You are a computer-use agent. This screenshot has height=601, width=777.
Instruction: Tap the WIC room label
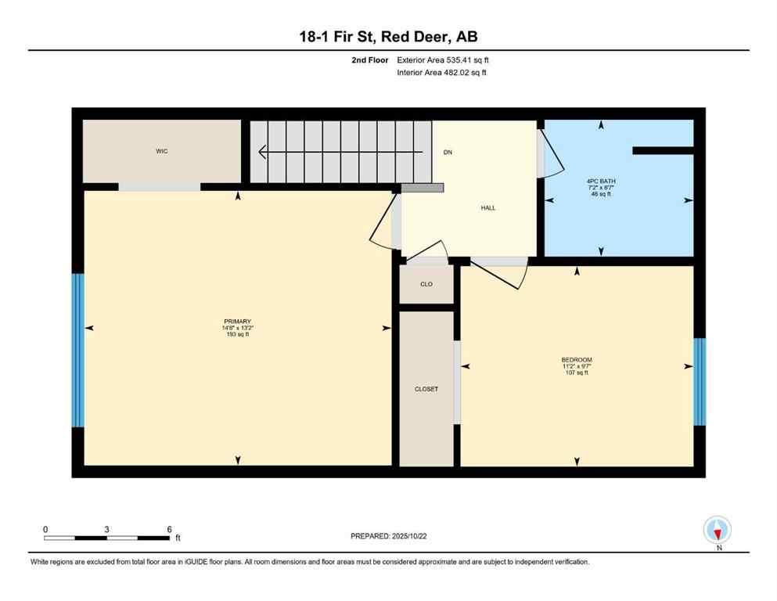pyautogui.click(x=162, y=151)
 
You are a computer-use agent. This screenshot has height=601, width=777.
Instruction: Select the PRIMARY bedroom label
pyautogui.click(x=237, y=322)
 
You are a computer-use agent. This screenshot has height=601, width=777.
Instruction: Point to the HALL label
pyautogui.click(x=488, y=207)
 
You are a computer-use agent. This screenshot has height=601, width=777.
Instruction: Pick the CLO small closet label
pyautogui.click(x=426, y=284)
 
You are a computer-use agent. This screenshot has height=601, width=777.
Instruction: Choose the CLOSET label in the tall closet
pyautogui.click(x=426, y=389)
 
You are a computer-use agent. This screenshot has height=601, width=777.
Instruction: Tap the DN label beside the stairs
pyautogui.click(x=448, y=152)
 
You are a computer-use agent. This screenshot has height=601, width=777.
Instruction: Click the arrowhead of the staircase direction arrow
pyautogui.click(x=264, y=152)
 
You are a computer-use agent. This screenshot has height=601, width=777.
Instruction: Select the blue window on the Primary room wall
pyautogui.click(x=77, y=350)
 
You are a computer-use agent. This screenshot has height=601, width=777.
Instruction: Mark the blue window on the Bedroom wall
pyautogui.click(x=700, y=381)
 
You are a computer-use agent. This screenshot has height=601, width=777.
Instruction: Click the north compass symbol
pyautogui.click(x=717, y=531)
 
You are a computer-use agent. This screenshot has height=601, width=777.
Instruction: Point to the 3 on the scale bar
pyautogui.click(x=106, y=529)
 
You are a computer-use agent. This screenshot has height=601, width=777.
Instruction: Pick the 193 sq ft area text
pyautogui.click(x=237, y=335)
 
